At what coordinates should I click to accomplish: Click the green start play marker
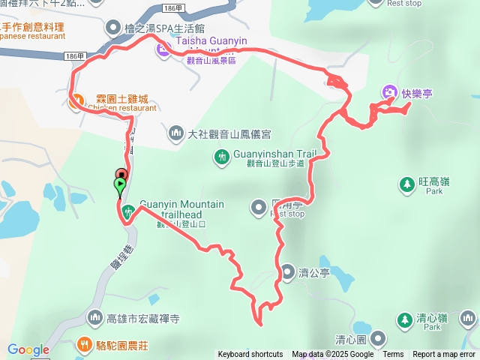120,184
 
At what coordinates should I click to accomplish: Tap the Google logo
28,349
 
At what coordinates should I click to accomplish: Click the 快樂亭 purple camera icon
389,93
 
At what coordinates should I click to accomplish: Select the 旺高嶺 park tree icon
406,183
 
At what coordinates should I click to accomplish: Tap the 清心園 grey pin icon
378,339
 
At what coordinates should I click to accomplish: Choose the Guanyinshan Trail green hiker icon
222,157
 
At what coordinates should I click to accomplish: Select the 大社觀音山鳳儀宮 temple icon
175,133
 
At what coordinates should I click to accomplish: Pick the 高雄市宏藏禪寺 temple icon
94,319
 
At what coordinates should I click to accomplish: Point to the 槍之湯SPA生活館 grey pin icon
113,28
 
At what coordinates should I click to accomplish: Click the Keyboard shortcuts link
250,355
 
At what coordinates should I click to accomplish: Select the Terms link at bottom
393,355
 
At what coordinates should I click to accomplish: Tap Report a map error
444,355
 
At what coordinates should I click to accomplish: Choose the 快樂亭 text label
418,94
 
